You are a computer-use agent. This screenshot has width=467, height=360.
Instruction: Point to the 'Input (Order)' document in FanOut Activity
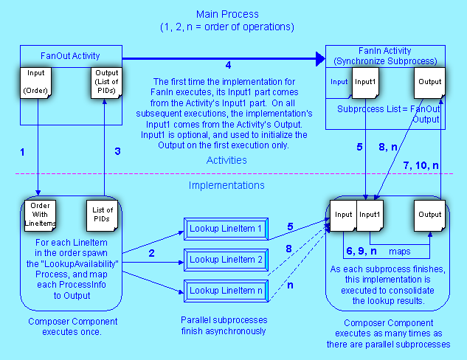pyautogui.click(x=36, y=83)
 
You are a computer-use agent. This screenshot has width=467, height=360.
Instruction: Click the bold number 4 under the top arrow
pyautogui.click(x=228, y=66)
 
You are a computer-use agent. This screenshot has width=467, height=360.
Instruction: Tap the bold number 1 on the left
pyautogui.click(x=23, y=152)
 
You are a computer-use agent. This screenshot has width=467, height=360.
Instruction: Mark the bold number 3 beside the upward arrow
pyautogui.click(x=116, y=151)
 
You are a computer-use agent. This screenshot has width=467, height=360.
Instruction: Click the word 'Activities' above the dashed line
pyautogui.click(x=227, y=160)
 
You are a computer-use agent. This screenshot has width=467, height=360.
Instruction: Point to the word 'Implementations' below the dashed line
pyautogui.click(x=226, y=186)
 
